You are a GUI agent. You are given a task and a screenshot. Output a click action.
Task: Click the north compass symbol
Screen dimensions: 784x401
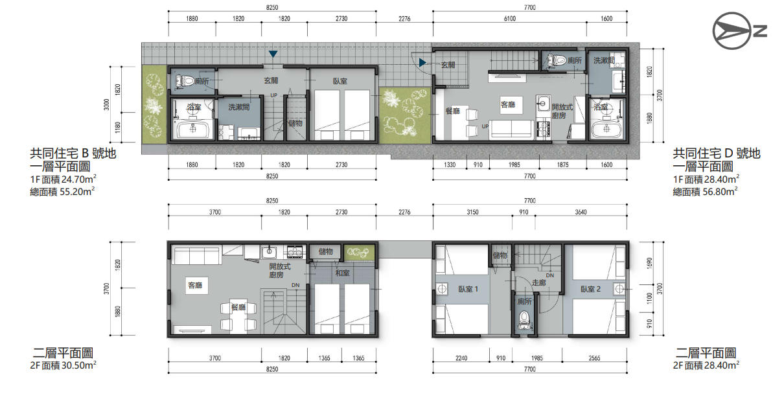tap(739, 31)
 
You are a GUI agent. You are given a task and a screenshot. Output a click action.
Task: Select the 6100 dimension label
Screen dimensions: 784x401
tap(509, 19)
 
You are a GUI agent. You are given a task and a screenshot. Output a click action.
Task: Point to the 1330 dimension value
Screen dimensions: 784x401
tap(450, 165)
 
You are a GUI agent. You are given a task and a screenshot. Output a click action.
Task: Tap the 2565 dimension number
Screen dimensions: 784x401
tap(594, 358)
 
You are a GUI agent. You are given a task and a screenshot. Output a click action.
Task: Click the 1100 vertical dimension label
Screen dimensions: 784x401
tap(650, 299)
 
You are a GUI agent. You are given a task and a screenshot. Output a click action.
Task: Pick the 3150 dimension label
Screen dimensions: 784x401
tap(472, 212)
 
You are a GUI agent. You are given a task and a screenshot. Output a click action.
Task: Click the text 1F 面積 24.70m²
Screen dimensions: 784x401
tap(63, 179)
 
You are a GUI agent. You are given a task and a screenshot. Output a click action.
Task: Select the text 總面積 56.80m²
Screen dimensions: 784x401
tap(705, 191)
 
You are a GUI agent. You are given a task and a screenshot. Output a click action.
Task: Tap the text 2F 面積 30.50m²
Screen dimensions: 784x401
tap(63, 365)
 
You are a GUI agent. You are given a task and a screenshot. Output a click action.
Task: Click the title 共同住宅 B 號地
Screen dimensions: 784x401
tap(73, 154)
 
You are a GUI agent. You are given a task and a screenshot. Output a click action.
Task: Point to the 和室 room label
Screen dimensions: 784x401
tap(342, 273)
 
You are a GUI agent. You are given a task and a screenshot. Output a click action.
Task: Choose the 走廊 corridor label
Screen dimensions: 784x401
tap(538, 282)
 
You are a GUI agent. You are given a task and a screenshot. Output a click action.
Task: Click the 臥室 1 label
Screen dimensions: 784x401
tap(468, 289)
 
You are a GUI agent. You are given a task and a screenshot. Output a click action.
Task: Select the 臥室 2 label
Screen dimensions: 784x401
tap(590, 289)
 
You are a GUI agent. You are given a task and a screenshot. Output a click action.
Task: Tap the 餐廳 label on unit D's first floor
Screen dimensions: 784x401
tap(452, 111)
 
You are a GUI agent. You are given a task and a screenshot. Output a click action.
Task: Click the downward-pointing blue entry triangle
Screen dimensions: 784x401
tap(273, 54)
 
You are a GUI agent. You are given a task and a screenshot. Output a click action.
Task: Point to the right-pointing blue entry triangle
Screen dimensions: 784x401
tap(422, 63)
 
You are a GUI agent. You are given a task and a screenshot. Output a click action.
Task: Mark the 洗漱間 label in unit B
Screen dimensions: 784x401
tap(238, 107)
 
